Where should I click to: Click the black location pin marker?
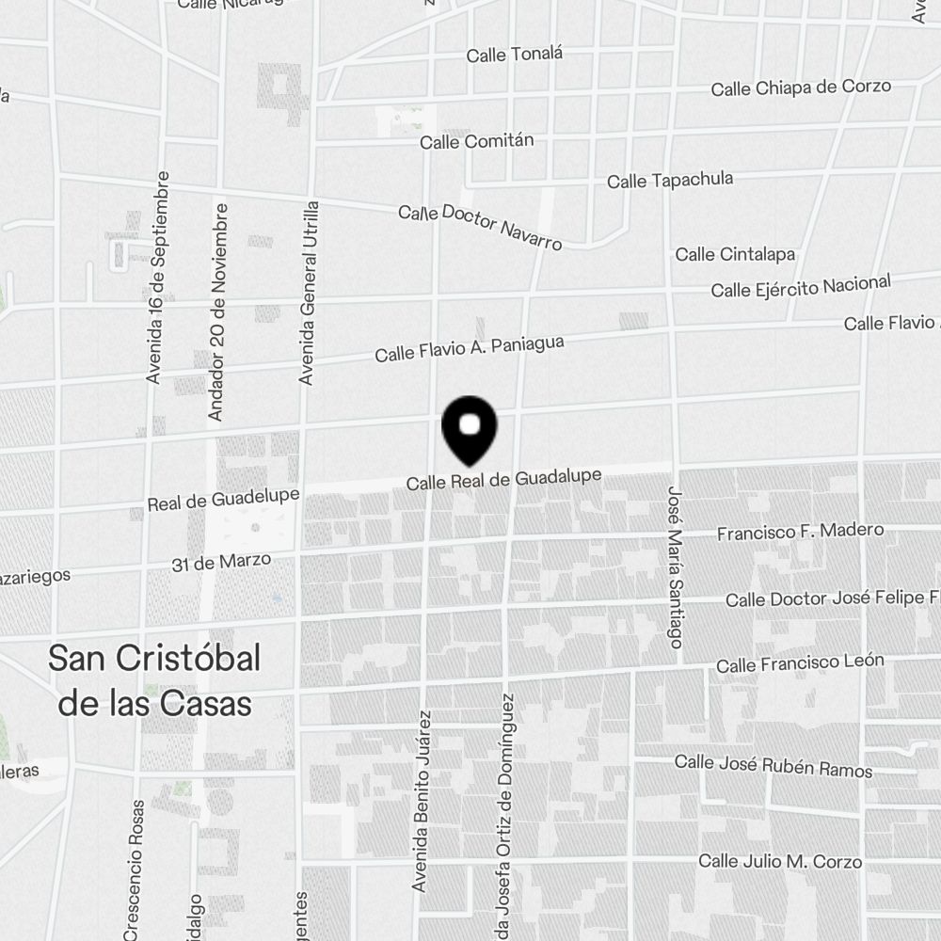[x=469, y=429]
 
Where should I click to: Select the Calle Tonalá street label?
[x=514, y=55]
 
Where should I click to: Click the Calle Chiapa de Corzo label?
[x=800, y=88]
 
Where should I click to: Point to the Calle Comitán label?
[x=476, y=141]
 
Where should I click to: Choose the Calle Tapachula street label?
[x=669, y=180]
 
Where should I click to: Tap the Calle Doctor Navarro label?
[x=480, y=227]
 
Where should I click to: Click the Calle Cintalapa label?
[x=735, y=254]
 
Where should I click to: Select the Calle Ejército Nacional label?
[x=800, y=286]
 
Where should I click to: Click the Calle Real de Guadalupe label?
[x=503, y=480]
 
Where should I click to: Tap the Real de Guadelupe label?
[x=223, y=500]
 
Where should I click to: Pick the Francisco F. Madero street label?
[x=800, y=532]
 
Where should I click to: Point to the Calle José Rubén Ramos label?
[x=773, y=766]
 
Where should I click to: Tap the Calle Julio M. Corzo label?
[x=779, y=861]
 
